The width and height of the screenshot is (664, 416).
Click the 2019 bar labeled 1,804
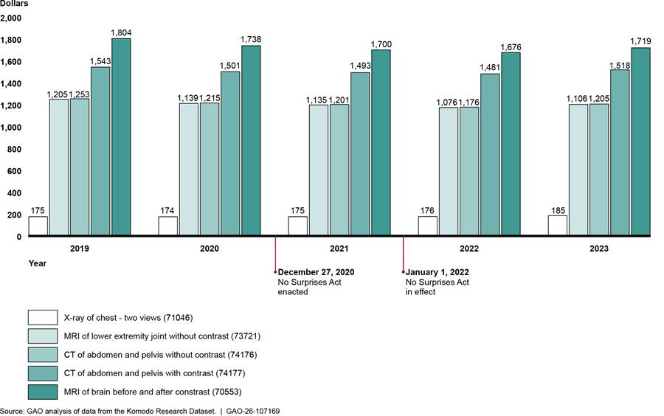[121, 137]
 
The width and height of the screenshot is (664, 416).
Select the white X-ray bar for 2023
[558, 226]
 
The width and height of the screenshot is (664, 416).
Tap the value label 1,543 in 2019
[100, 61]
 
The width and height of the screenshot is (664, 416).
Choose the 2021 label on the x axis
[339, 249]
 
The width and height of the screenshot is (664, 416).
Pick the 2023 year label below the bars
[599, 249]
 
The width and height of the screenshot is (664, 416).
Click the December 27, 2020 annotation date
[316, 272]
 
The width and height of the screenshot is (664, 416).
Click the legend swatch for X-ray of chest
[43, 317]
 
